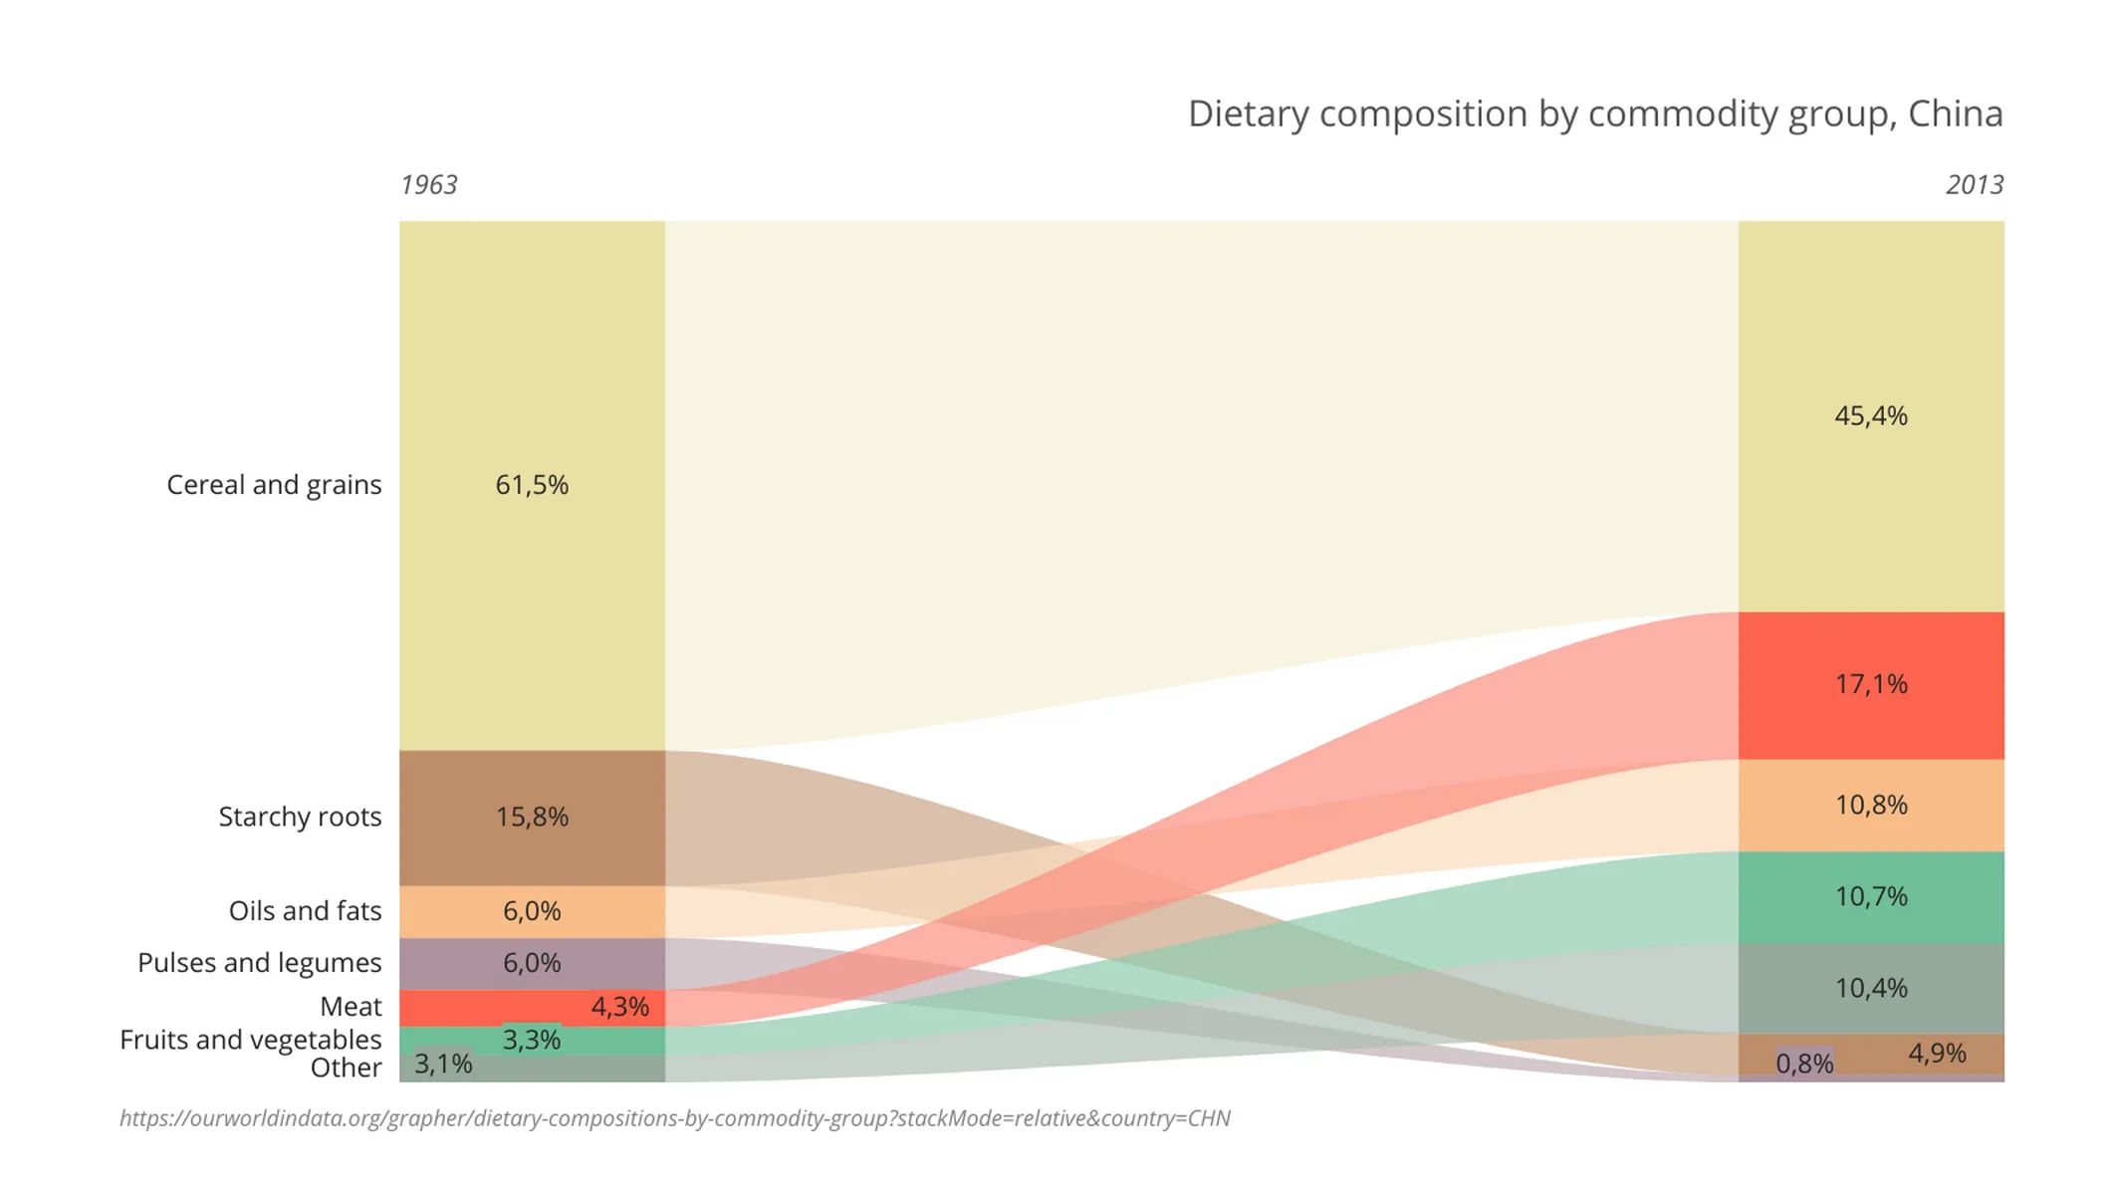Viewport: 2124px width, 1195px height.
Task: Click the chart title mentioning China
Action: pos(1594,114)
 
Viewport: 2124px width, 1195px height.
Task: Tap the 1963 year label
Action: pos(428,185)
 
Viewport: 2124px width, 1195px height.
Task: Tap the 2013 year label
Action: pos(1974,185)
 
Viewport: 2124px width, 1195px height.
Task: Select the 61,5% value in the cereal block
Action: pos(532,485)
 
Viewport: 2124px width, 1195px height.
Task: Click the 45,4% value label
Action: pos(1870,415)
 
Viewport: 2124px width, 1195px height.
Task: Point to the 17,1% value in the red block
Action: pos(1870,684)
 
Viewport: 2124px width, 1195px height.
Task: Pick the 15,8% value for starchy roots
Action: pos(532,817)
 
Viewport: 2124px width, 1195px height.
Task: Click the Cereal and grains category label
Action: pos(274,485)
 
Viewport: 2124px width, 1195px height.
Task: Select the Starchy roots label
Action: pos(300,817)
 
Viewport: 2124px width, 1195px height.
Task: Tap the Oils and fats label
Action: pos(305,911)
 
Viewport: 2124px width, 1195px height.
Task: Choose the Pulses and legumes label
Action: pos(259,963)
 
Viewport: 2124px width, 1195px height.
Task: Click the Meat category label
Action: pos(351,1007)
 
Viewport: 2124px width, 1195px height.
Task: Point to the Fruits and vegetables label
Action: pos(250,1040)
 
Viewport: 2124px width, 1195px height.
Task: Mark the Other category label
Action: pos(346,1068)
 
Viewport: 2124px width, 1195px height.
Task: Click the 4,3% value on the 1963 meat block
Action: pos(619,1007)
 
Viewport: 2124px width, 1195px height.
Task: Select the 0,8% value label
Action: pos(1803,1064)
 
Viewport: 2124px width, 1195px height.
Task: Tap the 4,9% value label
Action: pos(1936,1054)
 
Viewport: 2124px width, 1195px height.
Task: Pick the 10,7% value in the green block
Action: pos(1870,896)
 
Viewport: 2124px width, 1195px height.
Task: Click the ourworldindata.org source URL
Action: pos(674,1118)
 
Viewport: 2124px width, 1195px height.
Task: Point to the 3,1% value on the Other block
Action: pos(442,1064)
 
